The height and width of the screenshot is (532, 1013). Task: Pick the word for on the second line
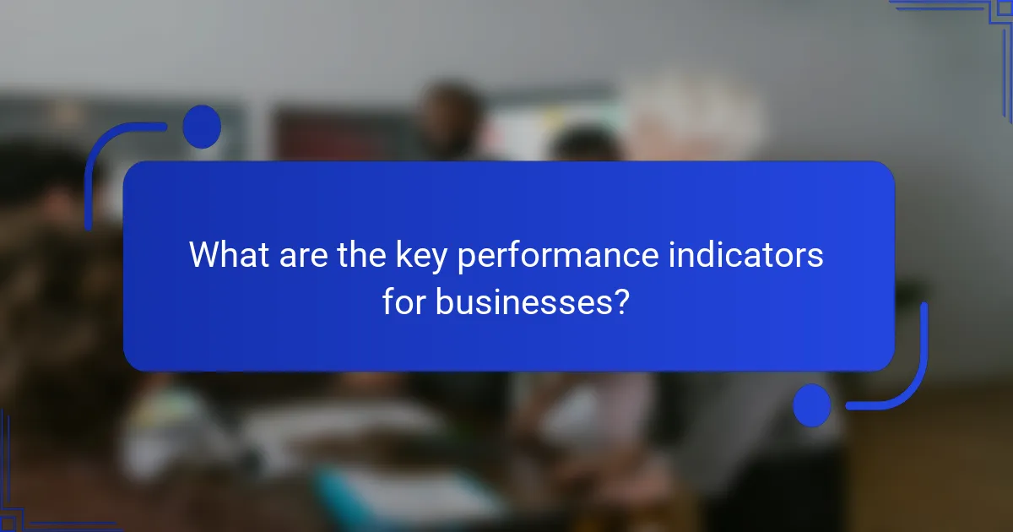(404, 301)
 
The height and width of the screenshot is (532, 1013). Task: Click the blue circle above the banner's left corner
(202, 127)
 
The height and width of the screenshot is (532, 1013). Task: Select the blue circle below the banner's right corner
(812, 404)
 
